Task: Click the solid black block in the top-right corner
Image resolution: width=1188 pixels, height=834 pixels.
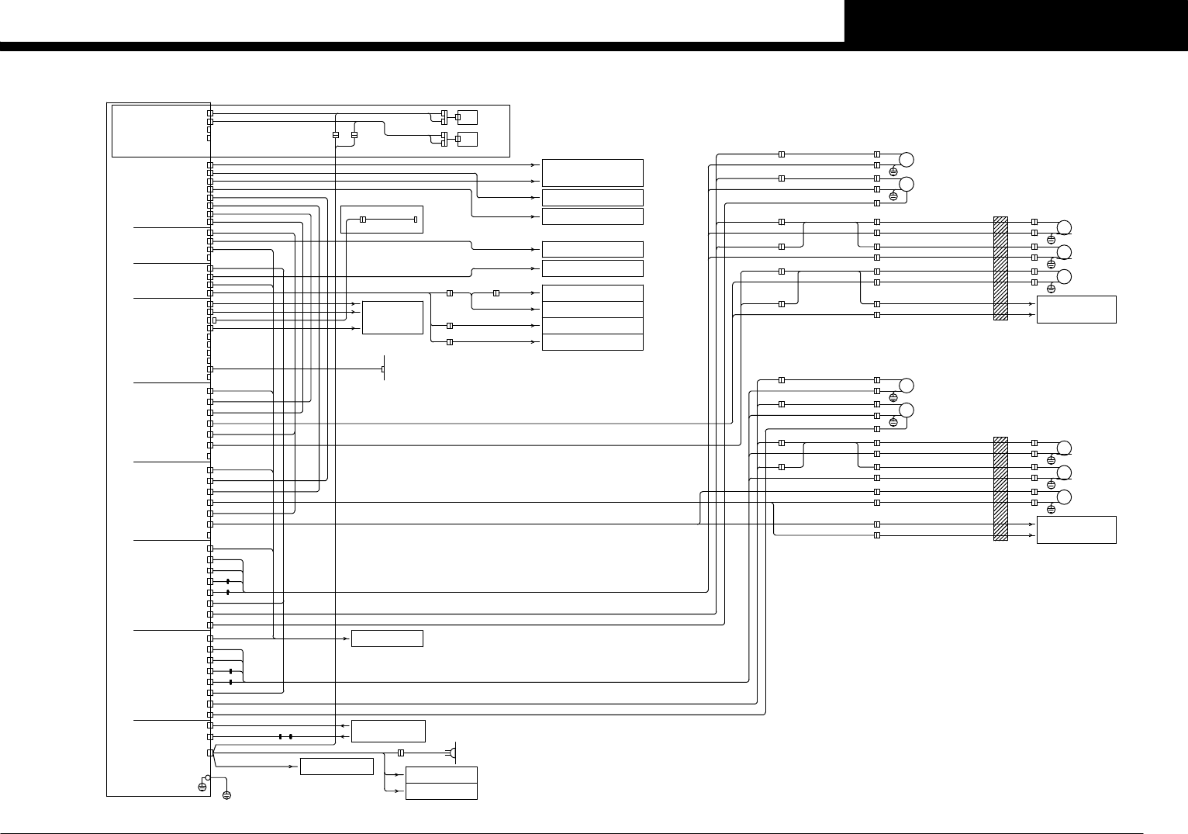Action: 1016,21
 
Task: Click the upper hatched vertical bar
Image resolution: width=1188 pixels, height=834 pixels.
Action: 1000,268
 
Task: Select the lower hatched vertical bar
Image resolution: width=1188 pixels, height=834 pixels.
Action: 1000,488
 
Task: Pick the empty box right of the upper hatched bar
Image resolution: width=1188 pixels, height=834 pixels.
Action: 1076,310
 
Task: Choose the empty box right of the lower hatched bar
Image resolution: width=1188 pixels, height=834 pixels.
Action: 1076,530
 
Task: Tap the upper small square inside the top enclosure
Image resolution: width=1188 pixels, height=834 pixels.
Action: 468,117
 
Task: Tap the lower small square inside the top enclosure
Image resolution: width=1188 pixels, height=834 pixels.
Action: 468,139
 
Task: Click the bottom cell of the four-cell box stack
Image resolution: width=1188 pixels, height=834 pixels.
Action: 592,342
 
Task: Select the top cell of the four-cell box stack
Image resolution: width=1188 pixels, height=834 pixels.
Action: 592,293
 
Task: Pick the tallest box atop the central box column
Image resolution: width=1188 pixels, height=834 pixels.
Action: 592,172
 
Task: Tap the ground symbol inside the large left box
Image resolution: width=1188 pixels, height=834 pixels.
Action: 202,787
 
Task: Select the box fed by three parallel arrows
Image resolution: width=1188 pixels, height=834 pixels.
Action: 392,317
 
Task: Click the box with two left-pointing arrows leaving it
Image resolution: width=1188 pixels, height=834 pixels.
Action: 388,731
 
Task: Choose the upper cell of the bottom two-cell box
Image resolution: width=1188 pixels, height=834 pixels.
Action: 441,775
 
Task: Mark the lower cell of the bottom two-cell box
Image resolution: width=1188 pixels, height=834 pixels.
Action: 441,791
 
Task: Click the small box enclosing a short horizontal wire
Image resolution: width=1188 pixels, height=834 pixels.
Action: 382,220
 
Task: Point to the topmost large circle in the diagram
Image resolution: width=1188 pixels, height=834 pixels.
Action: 906,160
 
